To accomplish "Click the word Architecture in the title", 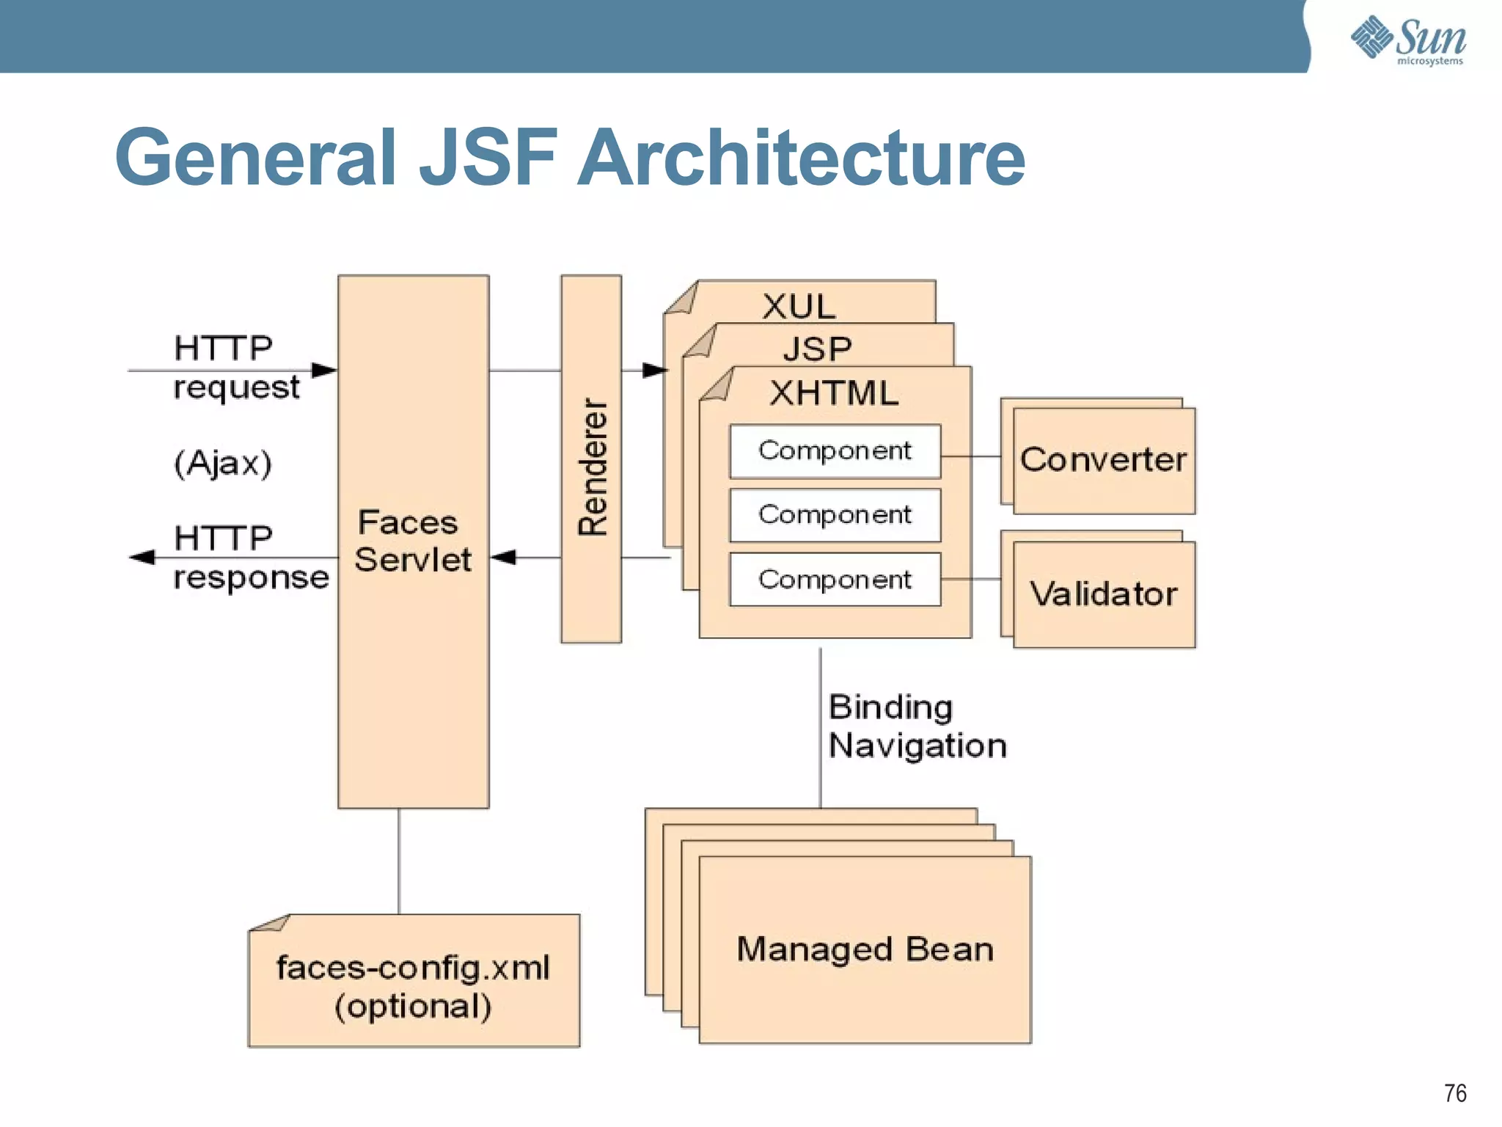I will (x=801, y=158).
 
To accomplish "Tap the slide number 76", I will (x=1455, y=1093).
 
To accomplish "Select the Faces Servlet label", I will (x=412, y=541).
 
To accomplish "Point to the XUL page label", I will (x=799, y=307).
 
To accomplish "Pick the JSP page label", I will (x=817, y=349).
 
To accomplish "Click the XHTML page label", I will (x=834, y=393).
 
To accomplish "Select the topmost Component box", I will (x=835, y=451).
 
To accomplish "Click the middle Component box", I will (x=835, y=515).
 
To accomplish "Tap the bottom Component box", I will (x=835, y=580).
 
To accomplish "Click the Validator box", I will (x=1103, y=594).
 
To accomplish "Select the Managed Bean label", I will (x=865, y=949).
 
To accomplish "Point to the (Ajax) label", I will (x=223, y=464).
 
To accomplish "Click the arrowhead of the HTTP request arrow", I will (x=324, y=371).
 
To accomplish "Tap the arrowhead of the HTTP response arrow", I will (x=142, y=558).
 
